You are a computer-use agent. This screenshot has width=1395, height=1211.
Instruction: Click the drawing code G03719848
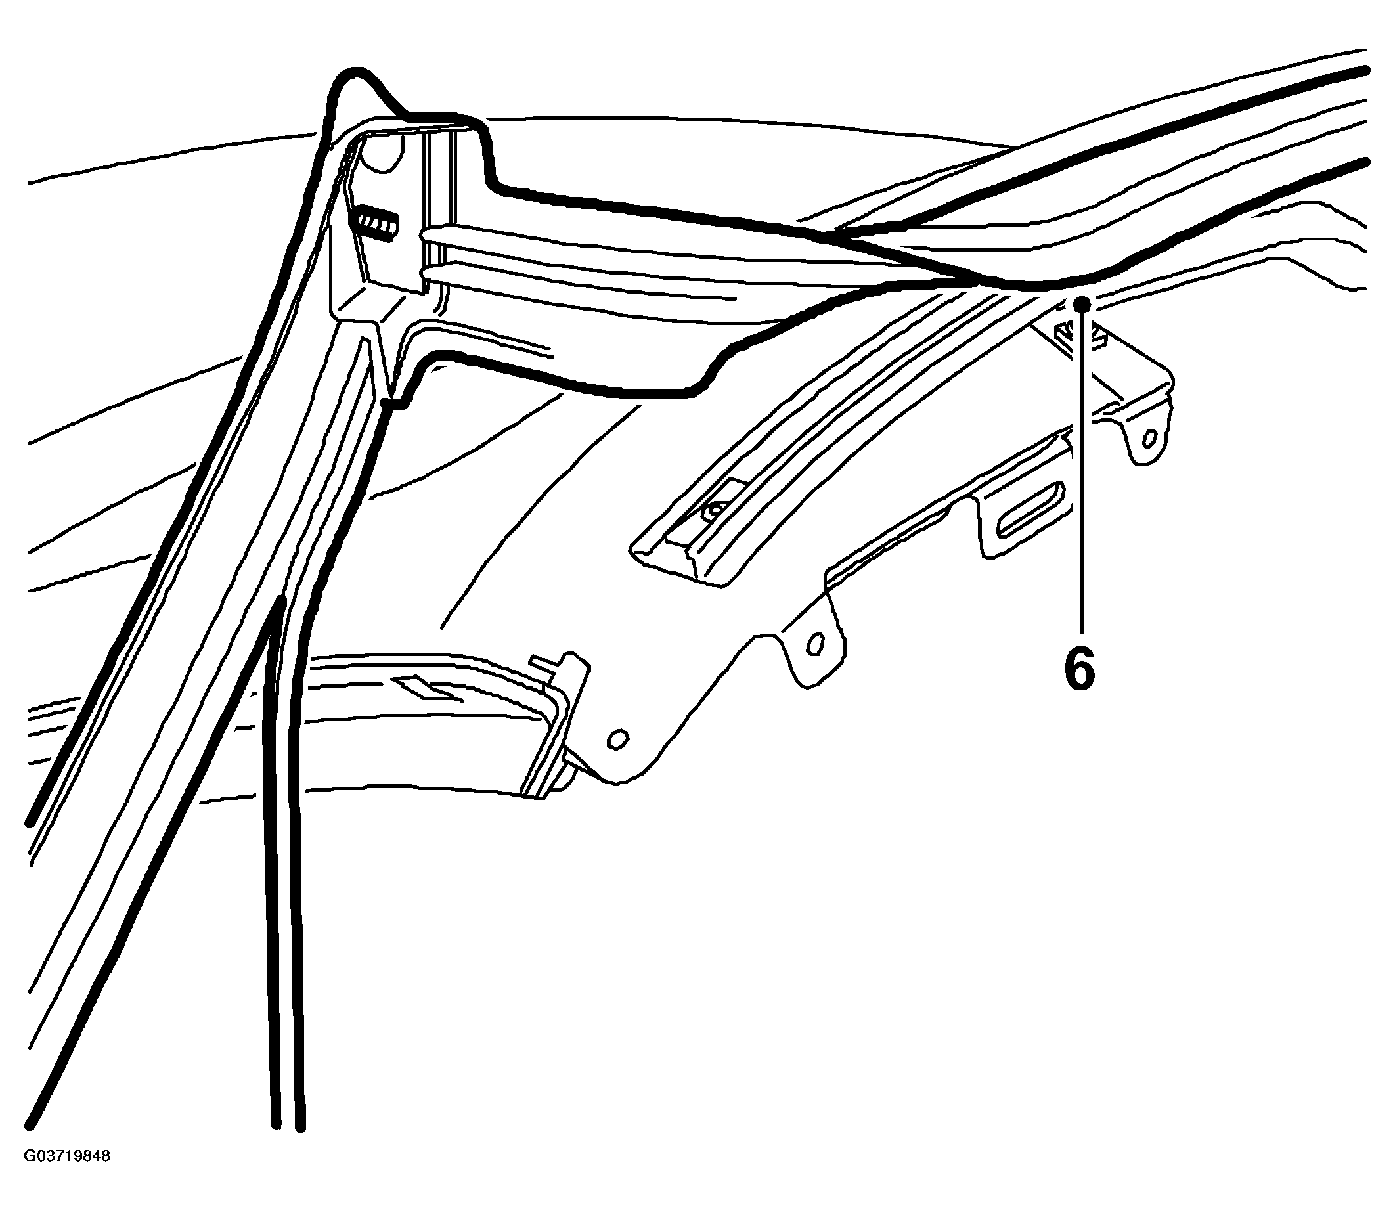coord(67,1175)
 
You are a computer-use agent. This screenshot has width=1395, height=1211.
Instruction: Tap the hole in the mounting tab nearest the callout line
coord(1148,440)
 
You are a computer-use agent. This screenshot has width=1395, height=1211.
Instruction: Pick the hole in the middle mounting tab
coord(816,644)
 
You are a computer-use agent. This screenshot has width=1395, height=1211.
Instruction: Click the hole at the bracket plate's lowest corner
coord(617,739)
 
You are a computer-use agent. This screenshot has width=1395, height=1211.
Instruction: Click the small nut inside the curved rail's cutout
coord(713,510)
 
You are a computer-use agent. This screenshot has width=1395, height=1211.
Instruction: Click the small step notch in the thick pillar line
coord(396,404)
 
